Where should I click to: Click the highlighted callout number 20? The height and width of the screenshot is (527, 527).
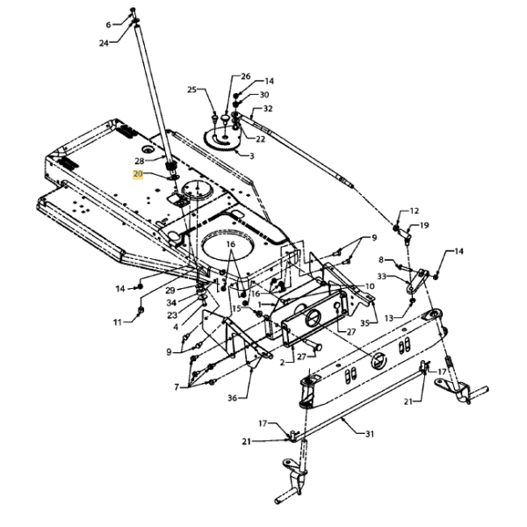click(x=138, y=175)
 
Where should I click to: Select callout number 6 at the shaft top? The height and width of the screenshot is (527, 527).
click(x=108, y=25)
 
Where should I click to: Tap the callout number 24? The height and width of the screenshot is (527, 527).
click(x=104, y=43)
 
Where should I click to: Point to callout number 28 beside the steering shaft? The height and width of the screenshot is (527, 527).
click(x=140, y=162)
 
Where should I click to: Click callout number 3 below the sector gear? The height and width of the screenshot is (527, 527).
click(x=252, y=155)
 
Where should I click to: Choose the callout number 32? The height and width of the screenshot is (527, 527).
click(x=268, y=109)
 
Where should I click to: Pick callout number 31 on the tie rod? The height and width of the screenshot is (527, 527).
click(x=370, y=434)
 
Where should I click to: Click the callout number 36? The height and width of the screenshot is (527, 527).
click(x=233, y=398)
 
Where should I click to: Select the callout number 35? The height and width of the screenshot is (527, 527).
click(x=365, y=323)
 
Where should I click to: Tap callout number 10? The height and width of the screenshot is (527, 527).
click(x=370, y=286)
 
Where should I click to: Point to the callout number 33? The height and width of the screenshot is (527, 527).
click(x=381, y=277)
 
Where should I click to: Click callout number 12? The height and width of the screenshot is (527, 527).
click(x=415, y=211)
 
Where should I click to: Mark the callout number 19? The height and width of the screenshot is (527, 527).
click(x=424, y=225)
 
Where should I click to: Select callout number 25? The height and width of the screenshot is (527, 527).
click(x=191, y=90)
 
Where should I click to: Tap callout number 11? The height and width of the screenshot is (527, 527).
click(x=118, y=322)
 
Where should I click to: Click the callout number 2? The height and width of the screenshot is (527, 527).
click(x=282, y=362)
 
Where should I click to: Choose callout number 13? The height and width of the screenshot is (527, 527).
click(x=388, y=318)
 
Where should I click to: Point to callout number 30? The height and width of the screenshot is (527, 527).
click(x=264, y=95)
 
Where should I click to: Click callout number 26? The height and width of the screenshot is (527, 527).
click(x=246, y=76)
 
